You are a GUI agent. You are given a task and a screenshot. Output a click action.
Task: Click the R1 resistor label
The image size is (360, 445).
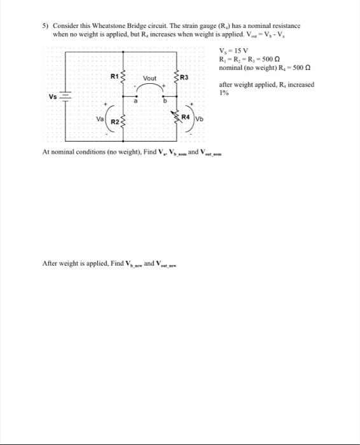(114, 75)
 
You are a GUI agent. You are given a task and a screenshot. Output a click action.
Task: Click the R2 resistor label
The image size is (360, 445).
(115, 121)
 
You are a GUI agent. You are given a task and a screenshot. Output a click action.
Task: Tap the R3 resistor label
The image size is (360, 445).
(184, 78)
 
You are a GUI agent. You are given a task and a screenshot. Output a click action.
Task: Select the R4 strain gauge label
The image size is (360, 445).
(185, 117)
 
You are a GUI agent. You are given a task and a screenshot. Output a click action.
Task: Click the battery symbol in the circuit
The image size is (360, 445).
(67, 96)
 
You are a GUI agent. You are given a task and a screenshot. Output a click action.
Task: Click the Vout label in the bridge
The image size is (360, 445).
(149, 78)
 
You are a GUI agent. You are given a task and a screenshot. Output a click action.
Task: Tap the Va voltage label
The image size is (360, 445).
(100, 118)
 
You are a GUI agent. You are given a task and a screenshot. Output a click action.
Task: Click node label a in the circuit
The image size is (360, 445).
(135, 99)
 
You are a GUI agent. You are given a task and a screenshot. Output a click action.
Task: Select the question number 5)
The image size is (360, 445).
(45, 26)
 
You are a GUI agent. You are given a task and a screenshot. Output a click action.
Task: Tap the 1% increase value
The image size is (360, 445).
(223, 92)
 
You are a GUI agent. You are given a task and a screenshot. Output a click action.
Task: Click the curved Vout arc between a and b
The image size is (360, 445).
(149, 88)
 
